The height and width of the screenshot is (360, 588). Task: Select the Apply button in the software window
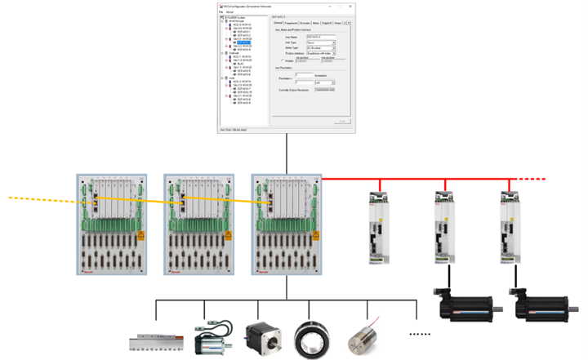342,121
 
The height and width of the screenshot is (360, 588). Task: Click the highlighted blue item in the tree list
242,42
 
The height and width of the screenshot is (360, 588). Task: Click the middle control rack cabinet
201,224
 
